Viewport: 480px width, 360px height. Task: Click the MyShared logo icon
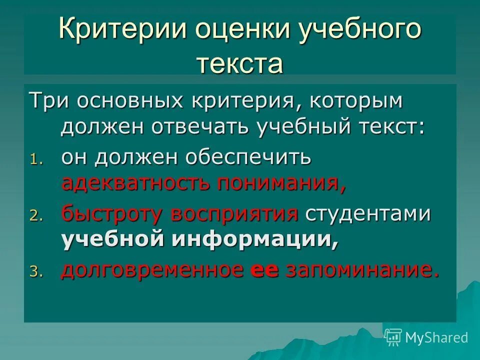[393, 337]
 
